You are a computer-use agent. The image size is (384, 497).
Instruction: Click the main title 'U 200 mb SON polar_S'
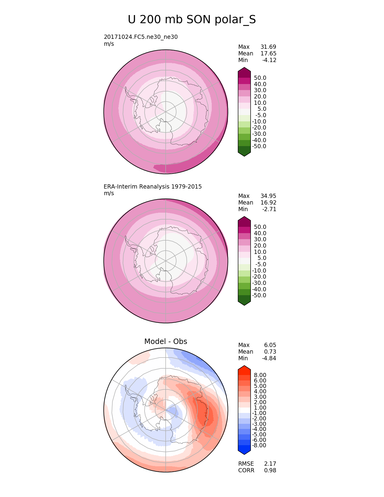[x=192, y=20]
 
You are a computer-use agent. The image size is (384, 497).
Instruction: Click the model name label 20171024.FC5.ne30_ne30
[x=141, y=37]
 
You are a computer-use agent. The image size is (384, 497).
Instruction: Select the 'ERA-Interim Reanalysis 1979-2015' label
[x=153, y=186]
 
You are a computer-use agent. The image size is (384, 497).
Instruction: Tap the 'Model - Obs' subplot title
[x=166, y=341]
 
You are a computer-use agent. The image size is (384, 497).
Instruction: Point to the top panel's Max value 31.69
[x=268, y=47]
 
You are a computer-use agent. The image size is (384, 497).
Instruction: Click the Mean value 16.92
[x=268, y=202]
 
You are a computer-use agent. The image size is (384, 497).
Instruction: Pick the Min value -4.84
[x=269, y=358]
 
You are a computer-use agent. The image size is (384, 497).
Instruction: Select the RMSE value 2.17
[x=270, y=464]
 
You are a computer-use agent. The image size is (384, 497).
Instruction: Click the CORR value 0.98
[x=270, y=470]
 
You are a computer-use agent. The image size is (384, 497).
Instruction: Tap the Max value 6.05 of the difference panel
[x=270, y=345]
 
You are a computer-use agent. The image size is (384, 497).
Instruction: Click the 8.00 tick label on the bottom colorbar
[x=260, y=375]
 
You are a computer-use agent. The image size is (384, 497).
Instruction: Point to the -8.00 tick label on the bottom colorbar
[x=259, y=445]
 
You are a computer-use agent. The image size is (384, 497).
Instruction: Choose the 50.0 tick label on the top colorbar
[x=260, y=78]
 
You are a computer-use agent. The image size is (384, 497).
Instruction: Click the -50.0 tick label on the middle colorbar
[x=259, y=295]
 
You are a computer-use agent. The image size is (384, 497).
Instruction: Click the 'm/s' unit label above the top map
[x=109, y=44]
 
